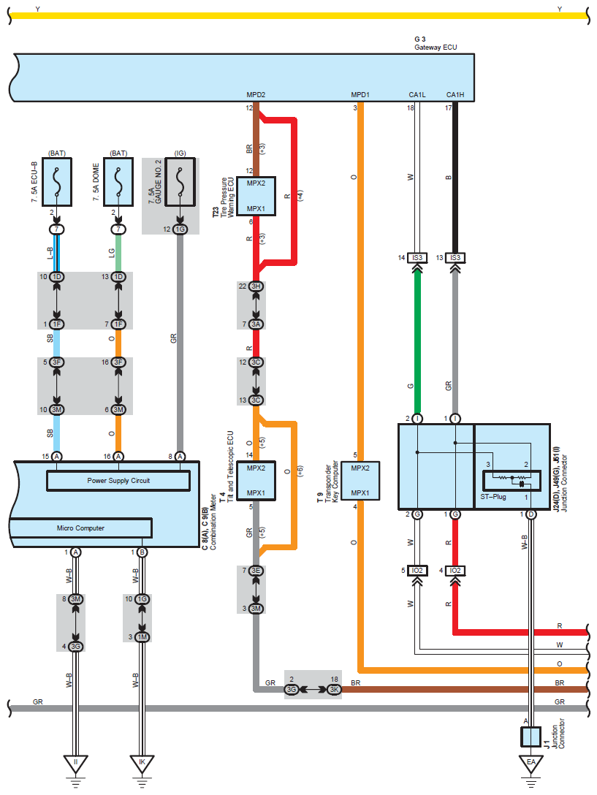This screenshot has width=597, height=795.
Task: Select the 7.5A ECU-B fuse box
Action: [57, 182]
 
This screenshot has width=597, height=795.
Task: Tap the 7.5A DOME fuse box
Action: [118, 182]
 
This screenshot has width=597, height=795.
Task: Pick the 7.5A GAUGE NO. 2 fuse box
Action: [180, 182]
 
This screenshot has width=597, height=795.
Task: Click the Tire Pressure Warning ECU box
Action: [256, 197]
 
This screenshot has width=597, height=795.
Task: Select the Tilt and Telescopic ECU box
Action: [256, 481]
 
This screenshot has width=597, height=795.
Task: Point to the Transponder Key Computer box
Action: [360, 481]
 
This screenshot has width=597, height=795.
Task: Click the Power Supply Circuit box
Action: [118, 481]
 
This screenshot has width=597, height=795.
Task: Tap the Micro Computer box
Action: [80, 528]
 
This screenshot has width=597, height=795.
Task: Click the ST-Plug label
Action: [493, 497]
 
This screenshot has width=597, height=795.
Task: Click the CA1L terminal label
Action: [417, 95]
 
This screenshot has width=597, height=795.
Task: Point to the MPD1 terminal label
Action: [360, 95]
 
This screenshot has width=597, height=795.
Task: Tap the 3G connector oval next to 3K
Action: [291, 690]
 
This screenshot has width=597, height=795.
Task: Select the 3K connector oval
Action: [334, 690]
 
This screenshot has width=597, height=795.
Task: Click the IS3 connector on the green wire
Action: [417, 258]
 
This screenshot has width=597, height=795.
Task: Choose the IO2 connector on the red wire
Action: [455, 571]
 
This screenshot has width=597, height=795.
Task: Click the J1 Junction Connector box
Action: [531, 737]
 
